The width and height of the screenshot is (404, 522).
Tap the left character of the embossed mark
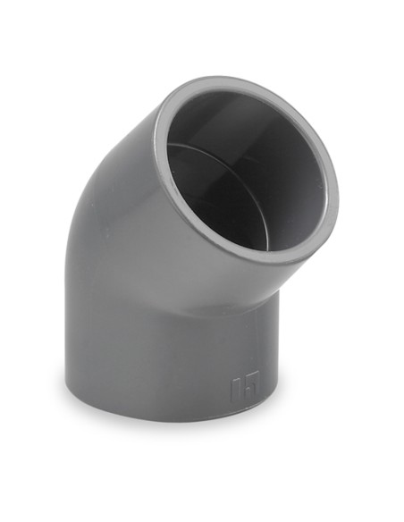coord(236,390)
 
